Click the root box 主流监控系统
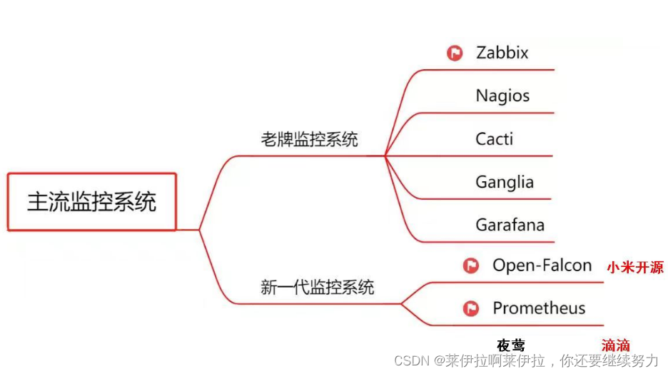91,201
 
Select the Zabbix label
502,53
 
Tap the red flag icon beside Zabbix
455,53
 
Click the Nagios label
502,96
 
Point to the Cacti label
494,138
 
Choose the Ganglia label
505,182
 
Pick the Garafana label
510,225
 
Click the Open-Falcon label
542,266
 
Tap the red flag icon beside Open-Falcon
471,266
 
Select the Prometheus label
539,308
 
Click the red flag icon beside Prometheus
471,308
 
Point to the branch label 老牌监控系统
309,139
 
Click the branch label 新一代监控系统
317,288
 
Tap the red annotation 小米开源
635,268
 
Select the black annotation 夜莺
511,345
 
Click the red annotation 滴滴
616,345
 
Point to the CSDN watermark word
409,360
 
